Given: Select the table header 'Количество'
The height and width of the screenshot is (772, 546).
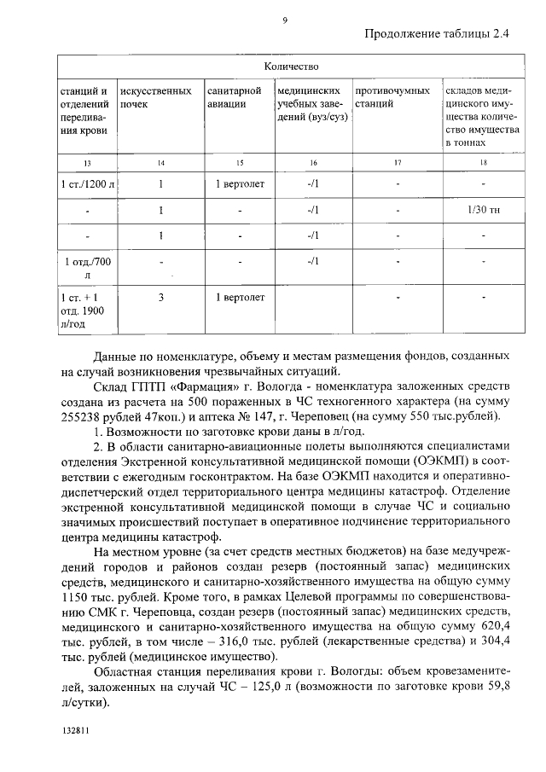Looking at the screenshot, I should pyautogui.click(x=291, y=66).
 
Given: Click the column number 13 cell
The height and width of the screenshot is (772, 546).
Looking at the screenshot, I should pyautogui.click(x=85, y=162).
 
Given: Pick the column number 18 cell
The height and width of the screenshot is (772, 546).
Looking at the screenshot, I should pyautogui.click(x=483, y=162).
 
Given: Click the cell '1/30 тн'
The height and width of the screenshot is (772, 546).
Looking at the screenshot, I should pyautogui.click(x=483, y=210).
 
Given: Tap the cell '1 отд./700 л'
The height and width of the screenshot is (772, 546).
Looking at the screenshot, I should pyautogui.click(x=85, y=268).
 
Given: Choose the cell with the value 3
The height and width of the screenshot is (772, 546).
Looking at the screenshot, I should pyautogui.click(x=161, y=298).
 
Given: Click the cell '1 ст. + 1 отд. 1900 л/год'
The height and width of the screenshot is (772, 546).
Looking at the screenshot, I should pyautogui.click(x=85, y=311).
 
